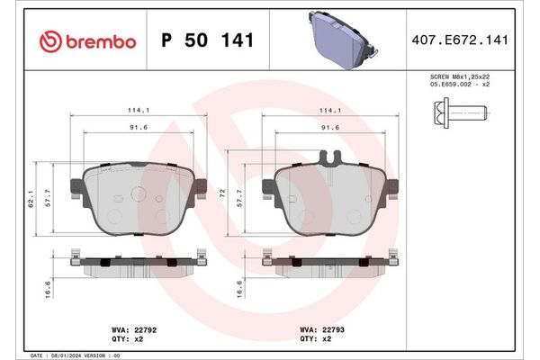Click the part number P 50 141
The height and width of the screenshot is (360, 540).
pyautogui.click(x=206, y=40)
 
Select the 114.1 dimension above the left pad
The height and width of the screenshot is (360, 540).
pyautogui.click(x=139, y=112)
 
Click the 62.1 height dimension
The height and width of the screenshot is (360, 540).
pyautogui.click(x=31, y=198)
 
